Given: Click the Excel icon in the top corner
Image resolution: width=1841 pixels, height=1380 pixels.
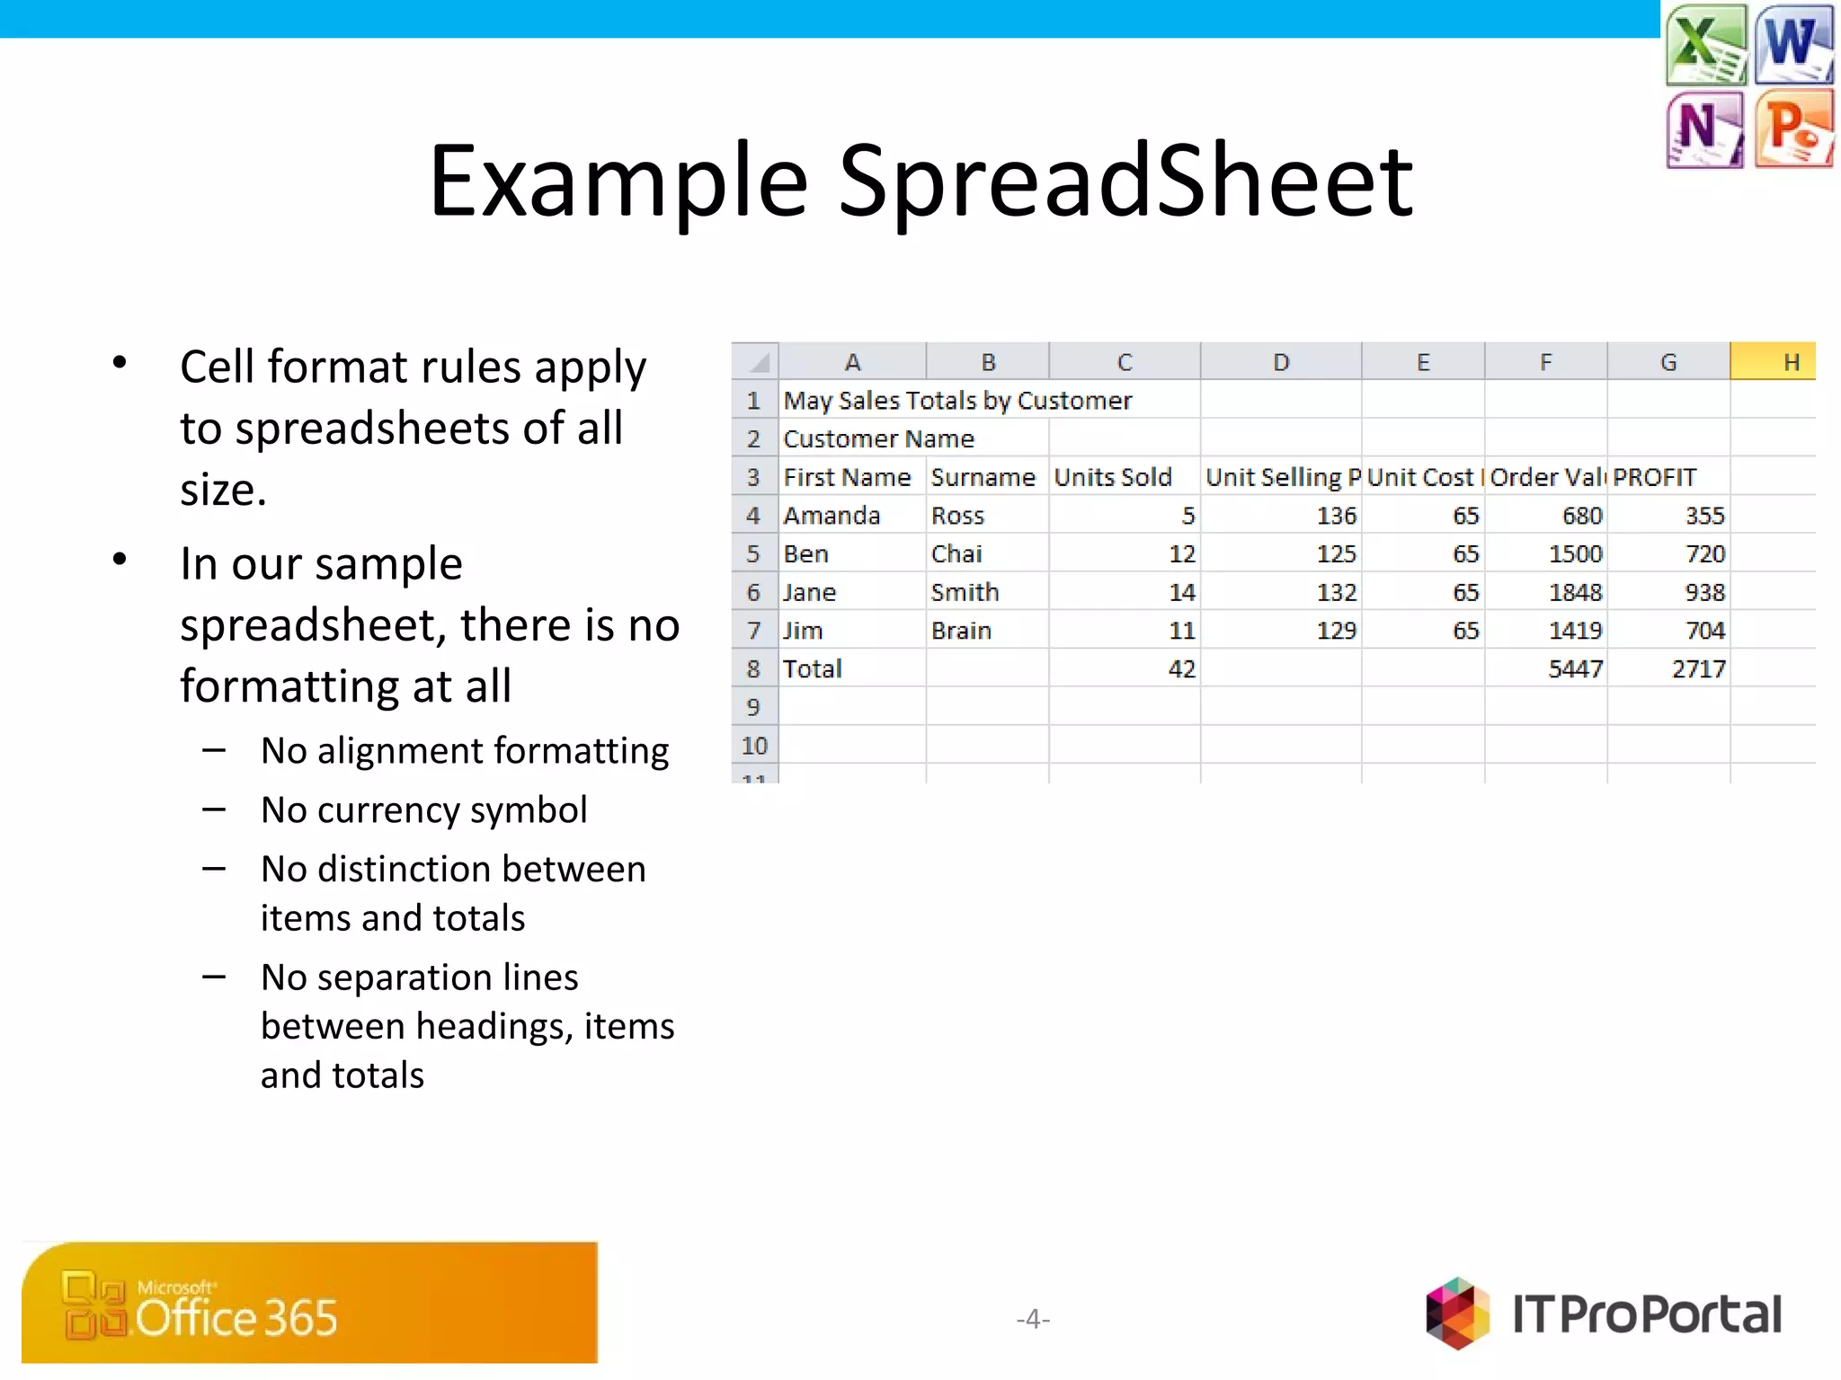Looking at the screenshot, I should pyautogui.click(x=1705, y=43).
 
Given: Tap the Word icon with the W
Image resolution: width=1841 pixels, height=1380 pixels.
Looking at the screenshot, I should pyautogui.click(x=1793, y=43).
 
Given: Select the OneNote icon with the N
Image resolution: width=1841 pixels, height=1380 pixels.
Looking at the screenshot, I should pyautogui.click(x=1704, y=128).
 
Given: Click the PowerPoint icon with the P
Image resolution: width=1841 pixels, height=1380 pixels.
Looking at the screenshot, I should pyautogui.click(x=1793, y=128).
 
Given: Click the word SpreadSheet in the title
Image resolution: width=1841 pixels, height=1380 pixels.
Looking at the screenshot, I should pyautogui.click(x=1125, y=182).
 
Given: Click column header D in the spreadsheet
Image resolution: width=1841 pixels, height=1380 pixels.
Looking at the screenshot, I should pyautogui.click(x=1281, y=362).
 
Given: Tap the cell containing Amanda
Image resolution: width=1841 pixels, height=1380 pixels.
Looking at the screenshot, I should pyautogui.click(x=832, y=516).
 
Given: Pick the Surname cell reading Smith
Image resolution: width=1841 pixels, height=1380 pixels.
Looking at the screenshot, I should pyautogui.click(x=965, y=592).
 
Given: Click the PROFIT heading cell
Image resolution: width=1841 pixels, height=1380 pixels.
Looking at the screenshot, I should pyautogui.click(x=1654, y=477).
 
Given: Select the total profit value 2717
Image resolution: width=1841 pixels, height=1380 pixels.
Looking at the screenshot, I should pyautogui.click(x=1698, y=669).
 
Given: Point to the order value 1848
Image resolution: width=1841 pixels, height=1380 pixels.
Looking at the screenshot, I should pyautogui.click(x=1575, y=592).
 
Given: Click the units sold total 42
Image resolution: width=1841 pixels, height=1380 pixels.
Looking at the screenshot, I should pyautogui.click(x=1181, y=669).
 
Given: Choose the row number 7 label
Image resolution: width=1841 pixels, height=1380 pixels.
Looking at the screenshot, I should pyautogui.click(x=753, y=631).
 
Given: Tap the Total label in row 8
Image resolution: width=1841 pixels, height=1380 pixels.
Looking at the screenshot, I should pyautogui.click(x=813, y=669).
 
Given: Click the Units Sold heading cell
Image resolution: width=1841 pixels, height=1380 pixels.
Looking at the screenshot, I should pyautogui.click(x=1113, y=477).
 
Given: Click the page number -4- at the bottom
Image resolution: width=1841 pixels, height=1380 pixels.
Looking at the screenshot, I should pyautogui.click(x=1033, y=1318).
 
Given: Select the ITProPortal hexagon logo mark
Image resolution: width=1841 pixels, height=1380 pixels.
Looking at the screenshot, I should pyautogui.click(x=1457, y=1314).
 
